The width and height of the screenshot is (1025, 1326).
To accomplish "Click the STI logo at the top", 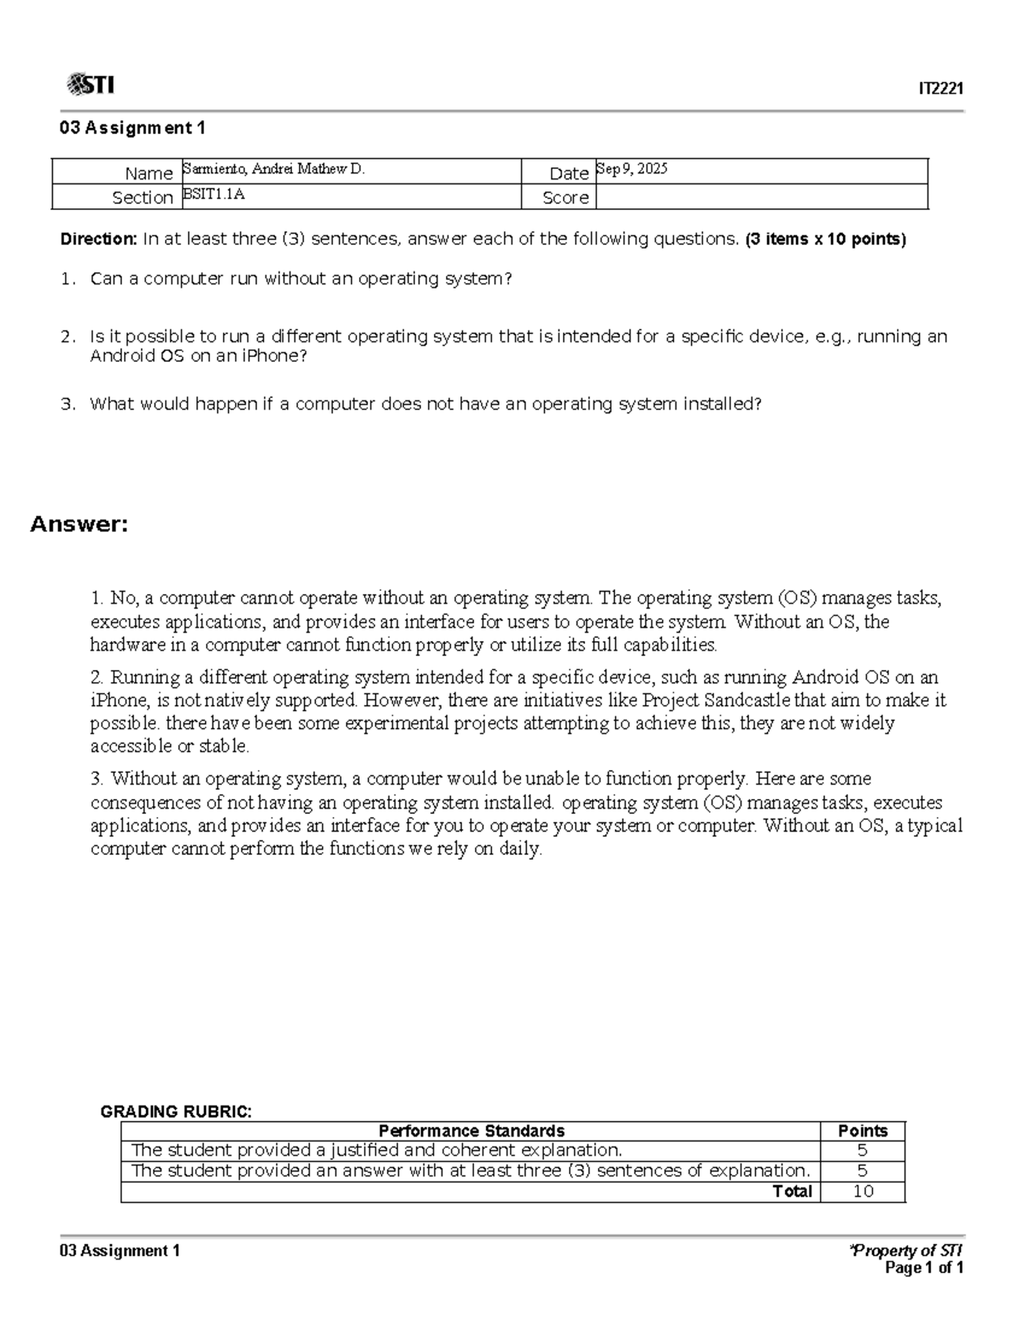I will point(90,85).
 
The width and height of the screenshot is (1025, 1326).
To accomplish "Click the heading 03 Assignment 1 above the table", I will point(132,128).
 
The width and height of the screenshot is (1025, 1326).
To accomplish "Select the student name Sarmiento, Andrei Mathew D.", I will point(273,169).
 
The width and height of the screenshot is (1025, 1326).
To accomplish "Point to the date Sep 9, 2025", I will point(632,169).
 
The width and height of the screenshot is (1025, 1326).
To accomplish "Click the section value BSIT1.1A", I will point(214,195).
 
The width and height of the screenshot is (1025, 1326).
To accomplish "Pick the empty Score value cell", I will point(760,197).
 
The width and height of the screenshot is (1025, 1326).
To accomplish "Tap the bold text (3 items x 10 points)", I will point(825,239).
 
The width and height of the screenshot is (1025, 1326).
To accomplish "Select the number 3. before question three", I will point(68,404).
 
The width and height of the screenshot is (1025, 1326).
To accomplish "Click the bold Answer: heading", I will point(79,524).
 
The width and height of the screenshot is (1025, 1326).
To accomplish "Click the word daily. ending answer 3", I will point(520,850).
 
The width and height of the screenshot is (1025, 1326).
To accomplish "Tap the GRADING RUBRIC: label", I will point(176,1112).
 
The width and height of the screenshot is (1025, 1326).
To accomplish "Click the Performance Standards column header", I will point(471,1131).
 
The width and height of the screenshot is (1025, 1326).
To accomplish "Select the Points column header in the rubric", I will point(863,1131).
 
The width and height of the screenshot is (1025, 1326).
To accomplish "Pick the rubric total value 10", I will point(863,1192).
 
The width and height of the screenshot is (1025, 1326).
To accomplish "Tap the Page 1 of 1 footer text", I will point(924,1269).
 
